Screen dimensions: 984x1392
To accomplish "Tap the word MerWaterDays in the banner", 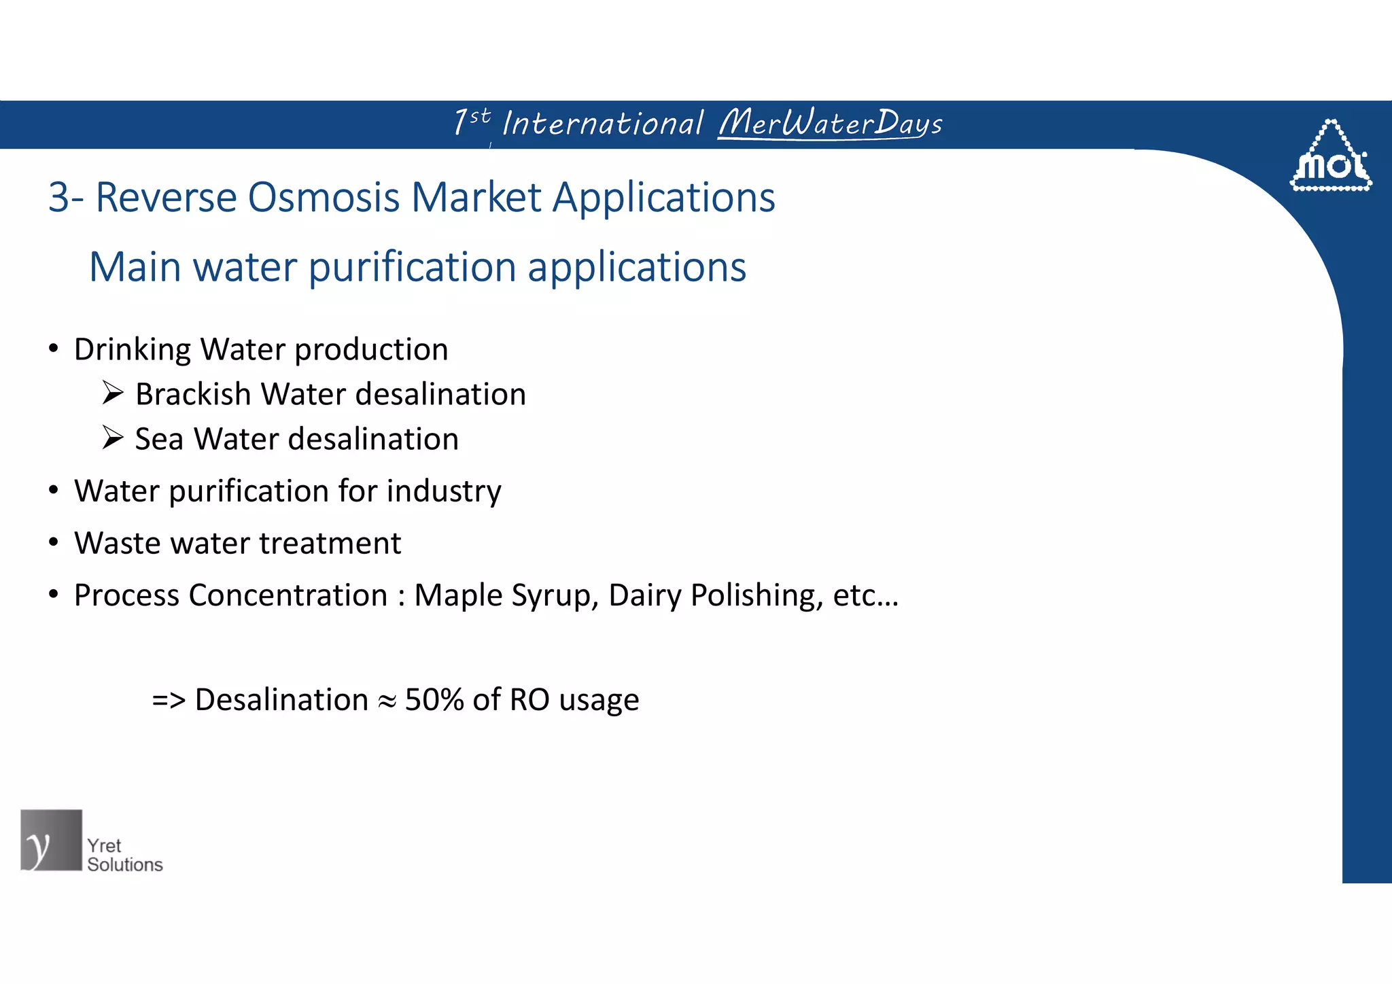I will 831,123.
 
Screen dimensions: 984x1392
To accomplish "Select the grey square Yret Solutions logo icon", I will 51,840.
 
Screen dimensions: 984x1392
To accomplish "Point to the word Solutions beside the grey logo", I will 125,865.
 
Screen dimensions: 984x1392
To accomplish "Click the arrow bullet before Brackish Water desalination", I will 113,393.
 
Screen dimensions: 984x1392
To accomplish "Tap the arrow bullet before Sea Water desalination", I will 113,438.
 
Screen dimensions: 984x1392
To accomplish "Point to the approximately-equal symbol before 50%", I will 387,702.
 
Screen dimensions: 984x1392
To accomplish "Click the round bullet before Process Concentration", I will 54,595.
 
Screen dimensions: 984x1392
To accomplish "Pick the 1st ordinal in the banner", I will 471,122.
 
